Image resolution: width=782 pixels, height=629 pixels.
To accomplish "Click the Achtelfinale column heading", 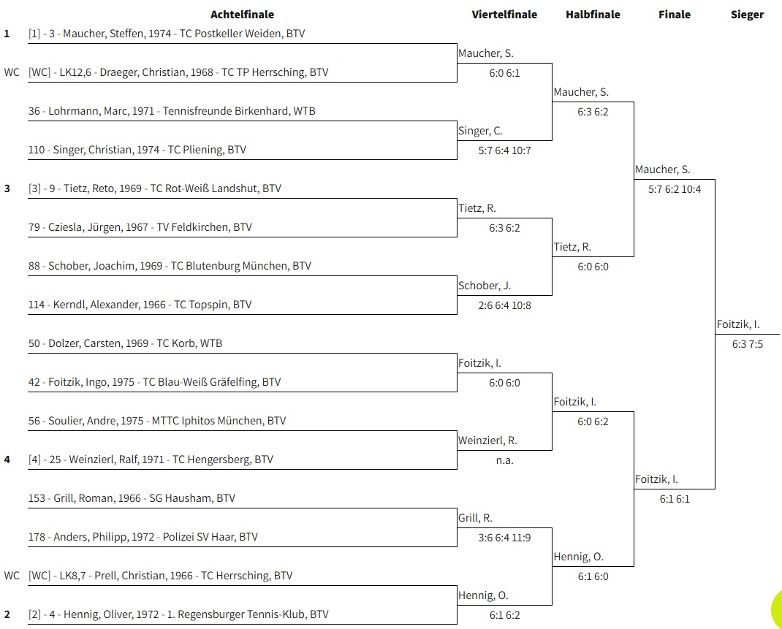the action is click(242, 15).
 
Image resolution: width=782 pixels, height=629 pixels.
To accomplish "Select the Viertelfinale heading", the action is click(504, 15).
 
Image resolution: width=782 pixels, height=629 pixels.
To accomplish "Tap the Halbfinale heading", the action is click(593, 15).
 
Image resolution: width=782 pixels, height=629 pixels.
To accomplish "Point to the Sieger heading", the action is click(747, 15).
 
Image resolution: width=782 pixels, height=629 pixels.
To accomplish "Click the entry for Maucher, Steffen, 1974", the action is click(167, 34).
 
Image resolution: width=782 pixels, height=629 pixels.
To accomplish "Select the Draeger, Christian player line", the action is click(178, 72).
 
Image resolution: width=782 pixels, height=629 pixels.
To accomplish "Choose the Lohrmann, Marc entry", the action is click(172, 110).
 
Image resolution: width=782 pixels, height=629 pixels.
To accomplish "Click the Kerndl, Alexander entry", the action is click(140, 305).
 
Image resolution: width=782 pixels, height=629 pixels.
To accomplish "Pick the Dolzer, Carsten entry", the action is click(125, 343).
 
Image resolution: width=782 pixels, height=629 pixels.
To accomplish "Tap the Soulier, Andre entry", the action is click(157, 421).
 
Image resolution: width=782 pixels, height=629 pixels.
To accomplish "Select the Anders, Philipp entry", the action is click(143, 537).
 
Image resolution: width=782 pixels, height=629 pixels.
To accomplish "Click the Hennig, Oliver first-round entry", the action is click(178, 614).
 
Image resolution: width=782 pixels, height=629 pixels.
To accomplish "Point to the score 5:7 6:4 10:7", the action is click(504, 150).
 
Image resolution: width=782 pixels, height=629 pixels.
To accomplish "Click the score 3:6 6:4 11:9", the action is click(504, 538).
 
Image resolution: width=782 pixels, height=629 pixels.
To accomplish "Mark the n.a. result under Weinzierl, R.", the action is click(504, 460).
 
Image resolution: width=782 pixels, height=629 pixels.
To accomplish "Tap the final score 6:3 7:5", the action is click(747, 344).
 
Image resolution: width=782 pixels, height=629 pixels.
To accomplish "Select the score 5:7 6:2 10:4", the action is click(675, 189).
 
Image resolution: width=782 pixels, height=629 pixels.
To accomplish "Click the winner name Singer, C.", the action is click(480, 131).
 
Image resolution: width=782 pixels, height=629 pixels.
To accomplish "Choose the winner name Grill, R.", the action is click(475, 519).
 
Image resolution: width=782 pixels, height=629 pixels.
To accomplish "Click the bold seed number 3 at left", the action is click(7, 188).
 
